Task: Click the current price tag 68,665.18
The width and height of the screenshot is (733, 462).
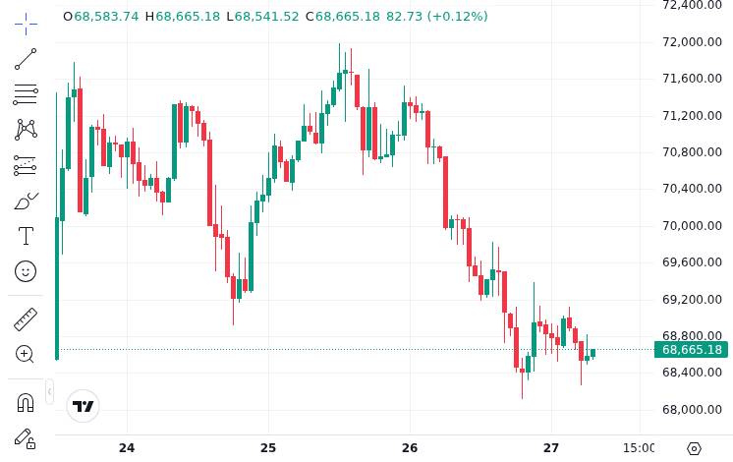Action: tap(691, 349)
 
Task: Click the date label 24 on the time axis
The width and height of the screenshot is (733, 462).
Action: tap(127, 448)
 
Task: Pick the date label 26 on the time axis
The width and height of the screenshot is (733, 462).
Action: tap(410, 448)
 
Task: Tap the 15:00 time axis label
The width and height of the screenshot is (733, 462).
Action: tap(640, 448)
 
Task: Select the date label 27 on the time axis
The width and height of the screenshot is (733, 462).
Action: tap(551, 448)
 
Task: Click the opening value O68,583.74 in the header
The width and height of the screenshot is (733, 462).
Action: tap(100, 17)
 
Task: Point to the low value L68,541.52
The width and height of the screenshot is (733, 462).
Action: tap(262, 17)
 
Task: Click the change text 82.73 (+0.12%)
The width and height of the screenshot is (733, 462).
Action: tap(436, 17)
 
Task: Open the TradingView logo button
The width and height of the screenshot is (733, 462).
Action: tap(84, 406)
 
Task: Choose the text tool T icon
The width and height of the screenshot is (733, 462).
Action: tap(26, 236)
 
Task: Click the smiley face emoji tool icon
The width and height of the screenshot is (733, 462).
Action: tap(26, 271)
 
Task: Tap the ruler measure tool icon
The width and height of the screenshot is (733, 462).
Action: tap(26, 319)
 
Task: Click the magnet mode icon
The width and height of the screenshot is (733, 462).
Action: tap(26, 402)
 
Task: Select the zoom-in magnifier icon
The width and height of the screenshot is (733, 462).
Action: tap(26, 354)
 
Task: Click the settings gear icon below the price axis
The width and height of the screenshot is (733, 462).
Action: tap(694, 448)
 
